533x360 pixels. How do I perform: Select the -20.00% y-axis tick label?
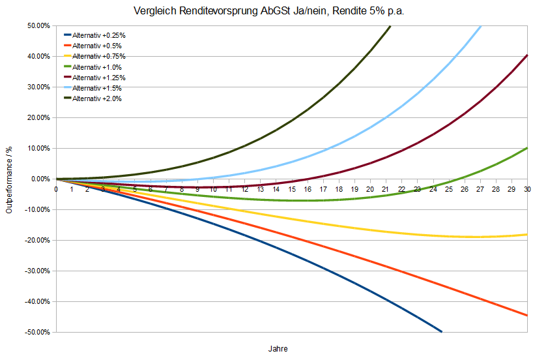click(37, 241)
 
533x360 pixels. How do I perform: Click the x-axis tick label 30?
click(527, 189)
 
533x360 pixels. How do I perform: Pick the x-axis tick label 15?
click(291, 189)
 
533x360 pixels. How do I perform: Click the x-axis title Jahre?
click(277, 348)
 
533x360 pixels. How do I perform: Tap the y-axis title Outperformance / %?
click(10, 179)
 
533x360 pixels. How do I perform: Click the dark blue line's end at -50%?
click(441, 331)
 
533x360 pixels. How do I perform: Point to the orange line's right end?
click(526, 315)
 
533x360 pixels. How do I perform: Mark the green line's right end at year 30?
click(526, 148)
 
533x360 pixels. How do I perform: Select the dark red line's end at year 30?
click(526, 55)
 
